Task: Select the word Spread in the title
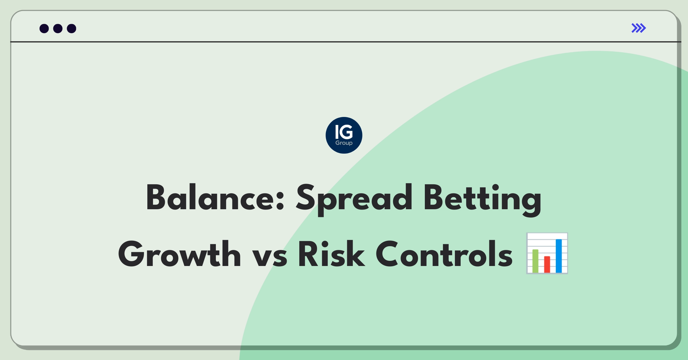[x=354, y=200]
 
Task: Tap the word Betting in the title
[x=482, y=200]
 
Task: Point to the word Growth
[x=179, y=254]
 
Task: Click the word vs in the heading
[x=270, y=257]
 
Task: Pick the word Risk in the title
[x=332, y=254]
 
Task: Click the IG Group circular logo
[x=344, y=135]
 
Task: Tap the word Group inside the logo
[x=344, y=143]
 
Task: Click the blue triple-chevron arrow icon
[x=639, y=28]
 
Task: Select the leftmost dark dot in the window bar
[x=44, y=28]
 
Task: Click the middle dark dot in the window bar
[x=58, y=28]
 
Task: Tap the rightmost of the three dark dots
[x=72, y=28]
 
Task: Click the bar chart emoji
[x=547, y=253]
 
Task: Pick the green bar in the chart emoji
[x=535, y=261]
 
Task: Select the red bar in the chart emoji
[x=547, y=264]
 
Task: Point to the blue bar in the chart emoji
[x=559, y=256]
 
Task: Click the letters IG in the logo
[x=344, y=132]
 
